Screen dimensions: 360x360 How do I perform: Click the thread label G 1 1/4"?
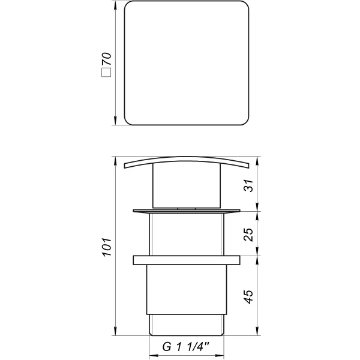click(187, 347)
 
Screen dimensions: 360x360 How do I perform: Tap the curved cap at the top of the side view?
click(187, 161)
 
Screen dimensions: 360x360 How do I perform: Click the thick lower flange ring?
click(187, 261)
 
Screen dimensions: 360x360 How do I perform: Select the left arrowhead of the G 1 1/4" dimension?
click(151, 354)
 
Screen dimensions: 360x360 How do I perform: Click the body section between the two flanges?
click(187, 235)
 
